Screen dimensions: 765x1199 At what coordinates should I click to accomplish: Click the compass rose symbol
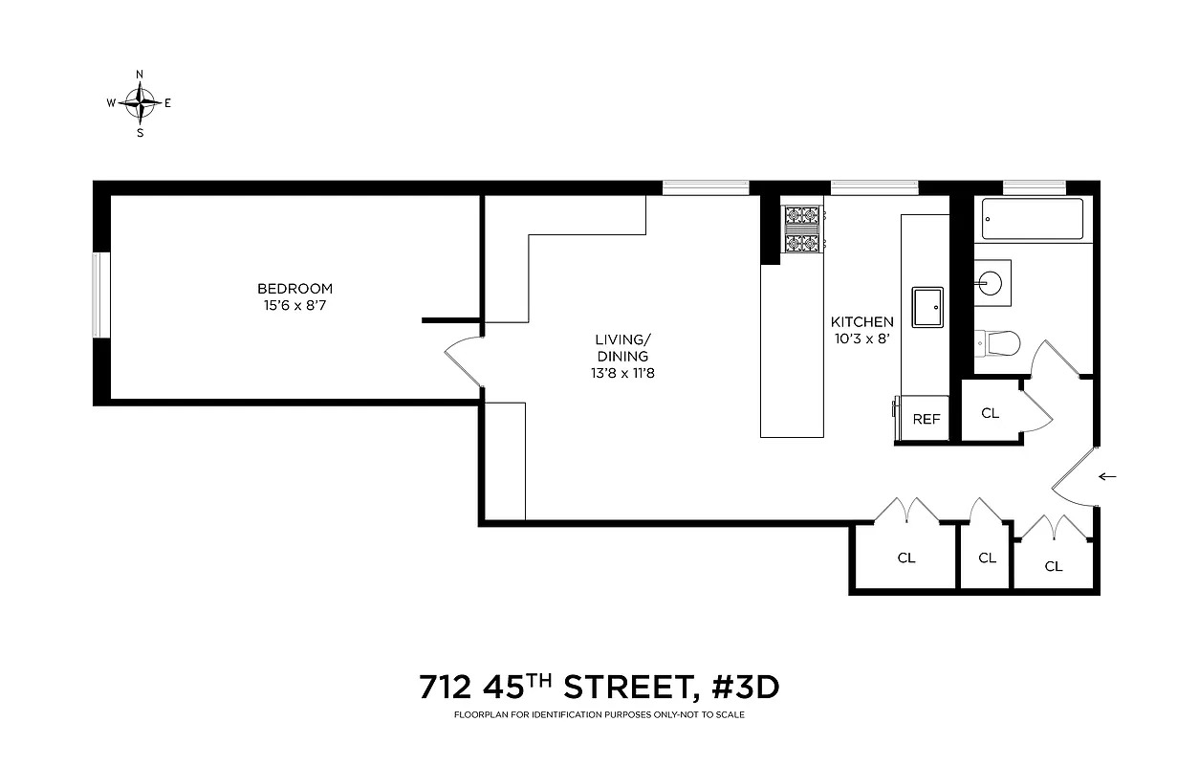pos(141,101)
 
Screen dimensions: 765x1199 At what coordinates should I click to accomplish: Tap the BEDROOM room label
pos(294,288)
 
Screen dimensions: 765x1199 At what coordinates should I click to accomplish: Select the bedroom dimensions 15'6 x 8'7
pos(294,305)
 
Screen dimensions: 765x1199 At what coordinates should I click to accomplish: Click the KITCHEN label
pos(861,322)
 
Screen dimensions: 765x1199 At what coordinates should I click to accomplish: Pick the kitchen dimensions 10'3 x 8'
pos(861,339)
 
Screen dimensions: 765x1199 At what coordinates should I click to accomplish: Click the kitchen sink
pos(927,306)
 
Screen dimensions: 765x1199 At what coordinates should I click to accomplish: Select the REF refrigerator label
pos(926,419)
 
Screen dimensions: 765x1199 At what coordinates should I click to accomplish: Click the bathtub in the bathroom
pos(1033,219)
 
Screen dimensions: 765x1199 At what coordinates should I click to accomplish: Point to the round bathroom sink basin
pos(991,281)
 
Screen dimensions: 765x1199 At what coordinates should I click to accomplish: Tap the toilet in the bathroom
pos(1000,341)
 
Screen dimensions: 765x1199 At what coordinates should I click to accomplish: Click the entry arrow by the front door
pos(1108,476)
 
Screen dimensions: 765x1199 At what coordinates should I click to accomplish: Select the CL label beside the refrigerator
pos(990,413)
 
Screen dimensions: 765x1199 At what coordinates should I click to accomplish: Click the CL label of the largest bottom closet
pos(905,557)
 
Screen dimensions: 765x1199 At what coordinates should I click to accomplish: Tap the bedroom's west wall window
pos(100,294)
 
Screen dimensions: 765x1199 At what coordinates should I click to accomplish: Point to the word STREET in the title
pos(621,688)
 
